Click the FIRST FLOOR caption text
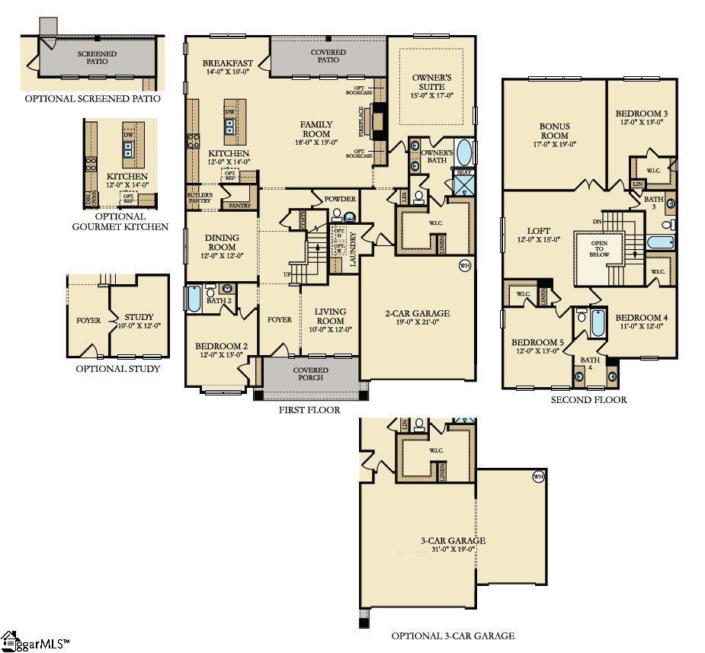(x=309, y=410)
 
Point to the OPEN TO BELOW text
(x=600, y=249)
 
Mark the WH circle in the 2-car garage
(x=464, y=266)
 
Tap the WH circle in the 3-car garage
(x=538, y=477)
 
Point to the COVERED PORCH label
(x=310, y=373)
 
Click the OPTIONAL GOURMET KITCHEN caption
(x=120, y=221)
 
